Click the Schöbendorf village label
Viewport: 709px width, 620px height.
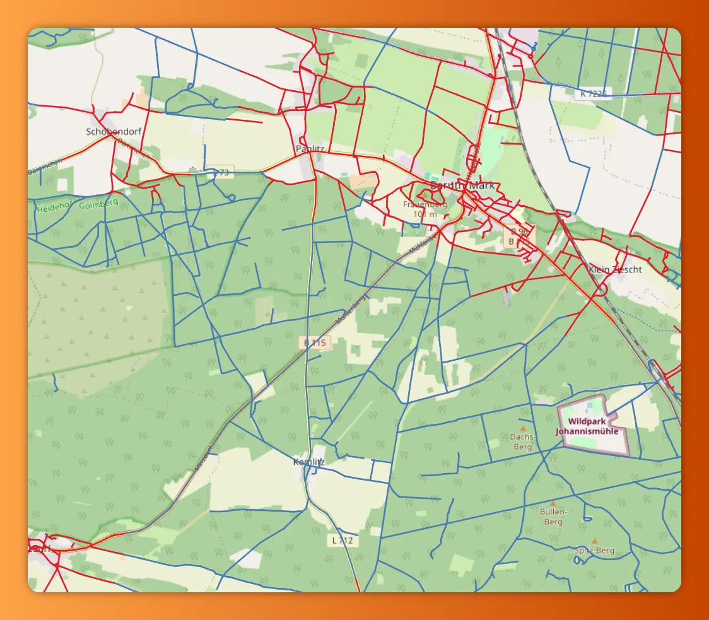114,132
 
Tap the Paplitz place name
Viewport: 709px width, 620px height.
309,149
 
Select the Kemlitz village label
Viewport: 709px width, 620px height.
308,462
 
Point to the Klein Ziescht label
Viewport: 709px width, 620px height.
614,269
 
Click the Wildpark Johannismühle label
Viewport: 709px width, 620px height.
587,426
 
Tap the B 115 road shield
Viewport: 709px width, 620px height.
315,342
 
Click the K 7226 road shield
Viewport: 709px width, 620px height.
594,94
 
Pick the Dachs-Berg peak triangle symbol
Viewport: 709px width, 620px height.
522,428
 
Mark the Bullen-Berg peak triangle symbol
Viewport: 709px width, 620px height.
553,504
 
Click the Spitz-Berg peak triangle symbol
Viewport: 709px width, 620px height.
595,541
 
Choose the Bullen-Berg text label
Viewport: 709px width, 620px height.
553,517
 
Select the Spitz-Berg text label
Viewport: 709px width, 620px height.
594,551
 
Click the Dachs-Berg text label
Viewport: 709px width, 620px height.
523,442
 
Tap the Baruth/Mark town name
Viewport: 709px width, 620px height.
463,185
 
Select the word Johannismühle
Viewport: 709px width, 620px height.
587,431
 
